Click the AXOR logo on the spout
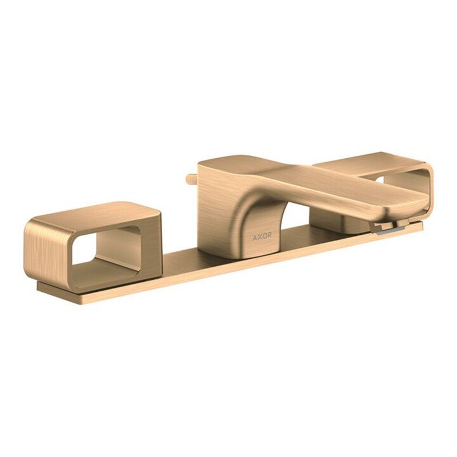click(x=262, y=236)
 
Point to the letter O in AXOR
click(x=264, y=236)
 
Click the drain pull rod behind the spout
click(x=192, y=179)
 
